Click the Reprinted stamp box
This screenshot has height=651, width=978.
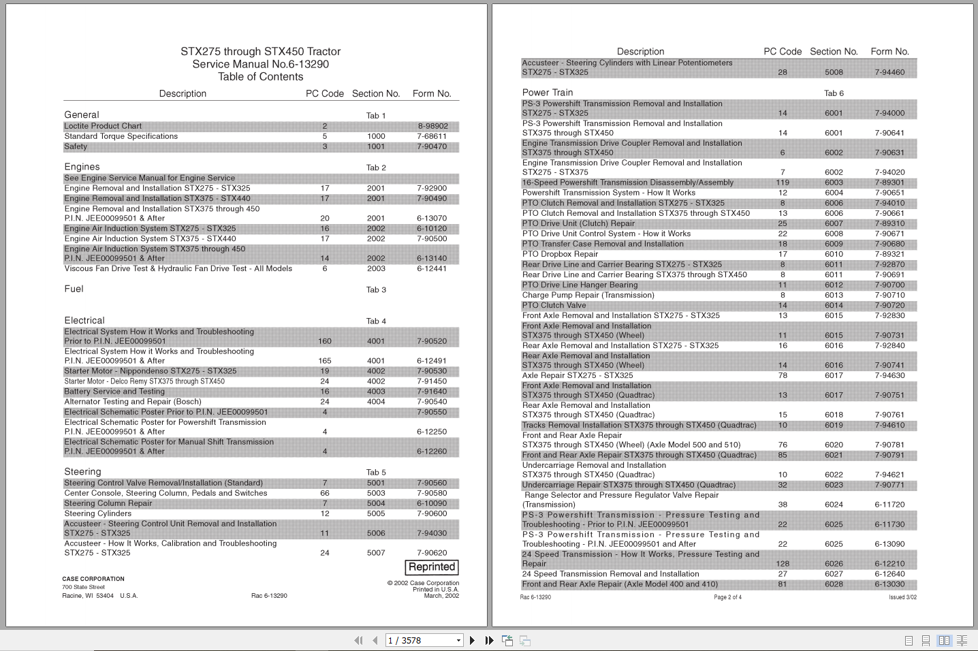432,567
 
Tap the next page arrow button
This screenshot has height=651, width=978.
472,640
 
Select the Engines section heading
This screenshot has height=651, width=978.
82,167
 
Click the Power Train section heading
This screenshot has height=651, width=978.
548,93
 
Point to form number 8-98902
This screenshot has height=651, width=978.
432,126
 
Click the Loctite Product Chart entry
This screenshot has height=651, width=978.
103,126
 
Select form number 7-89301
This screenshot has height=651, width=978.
889,182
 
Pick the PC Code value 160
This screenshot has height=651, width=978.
325,341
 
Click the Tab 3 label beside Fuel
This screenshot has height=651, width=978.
376,289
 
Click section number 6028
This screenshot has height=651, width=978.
834,584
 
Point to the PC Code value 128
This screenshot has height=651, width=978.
783,564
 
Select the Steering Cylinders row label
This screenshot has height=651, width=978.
97,513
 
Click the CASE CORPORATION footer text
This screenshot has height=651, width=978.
93,579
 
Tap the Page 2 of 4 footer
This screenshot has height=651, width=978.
727,597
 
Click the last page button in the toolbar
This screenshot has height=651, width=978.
489,640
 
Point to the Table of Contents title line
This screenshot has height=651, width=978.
260,77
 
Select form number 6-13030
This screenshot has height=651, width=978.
889,584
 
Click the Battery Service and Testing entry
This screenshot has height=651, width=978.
114,392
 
